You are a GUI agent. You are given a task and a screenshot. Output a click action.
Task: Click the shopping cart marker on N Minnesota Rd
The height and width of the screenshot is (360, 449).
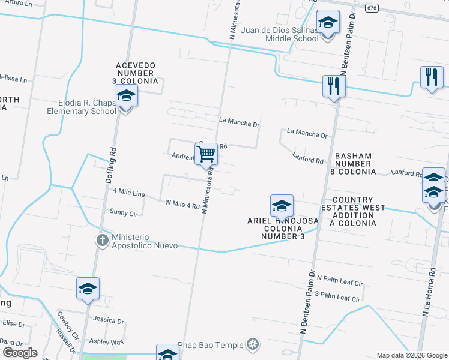pyautogui.click(x=206, y=154)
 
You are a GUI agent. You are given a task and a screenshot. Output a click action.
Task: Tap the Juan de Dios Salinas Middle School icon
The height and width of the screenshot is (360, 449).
pyautogui.click(x=328, y=23)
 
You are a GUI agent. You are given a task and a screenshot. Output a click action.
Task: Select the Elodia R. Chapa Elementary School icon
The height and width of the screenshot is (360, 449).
pyautogui.click(x=126, y=96)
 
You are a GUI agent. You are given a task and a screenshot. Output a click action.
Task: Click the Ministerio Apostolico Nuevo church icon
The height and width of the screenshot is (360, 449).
pyautogui.click(x=102, y=241)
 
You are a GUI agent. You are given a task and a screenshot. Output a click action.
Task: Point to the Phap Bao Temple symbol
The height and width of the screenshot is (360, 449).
pyautogui.click(x=253, y=344)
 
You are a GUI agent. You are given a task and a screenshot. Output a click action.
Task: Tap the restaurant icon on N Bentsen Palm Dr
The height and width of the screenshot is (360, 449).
pyautogui.click(x=332, y=86)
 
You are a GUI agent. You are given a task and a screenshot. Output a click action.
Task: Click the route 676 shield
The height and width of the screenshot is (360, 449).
pyautogui.click(x=372, y=8)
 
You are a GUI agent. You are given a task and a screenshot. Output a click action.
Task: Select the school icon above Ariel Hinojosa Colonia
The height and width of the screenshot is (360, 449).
pyautogui.click(x=281, y=206)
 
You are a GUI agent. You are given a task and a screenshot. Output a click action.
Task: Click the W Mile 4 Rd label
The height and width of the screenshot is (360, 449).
pyautogui.click(x=182, y=205)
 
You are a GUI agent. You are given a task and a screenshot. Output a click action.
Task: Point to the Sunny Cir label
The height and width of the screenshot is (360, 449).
pyautogui.click(x=124, y=212)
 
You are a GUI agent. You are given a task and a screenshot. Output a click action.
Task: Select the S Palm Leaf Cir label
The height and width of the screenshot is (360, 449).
pyautogui.click(x=337, y=297)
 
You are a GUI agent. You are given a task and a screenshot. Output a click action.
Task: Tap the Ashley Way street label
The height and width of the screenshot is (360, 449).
pyautogui.click(x=106, y=341)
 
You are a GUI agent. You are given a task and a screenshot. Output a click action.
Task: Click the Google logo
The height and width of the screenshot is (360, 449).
pyautogui.click(x=19, y=353)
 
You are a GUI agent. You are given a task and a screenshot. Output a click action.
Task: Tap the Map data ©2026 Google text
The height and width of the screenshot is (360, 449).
pyautogui.click(x=411, y=355)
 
